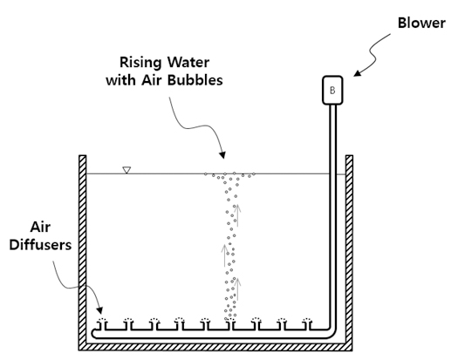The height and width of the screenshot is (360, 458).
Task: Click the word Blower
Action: point(421,23)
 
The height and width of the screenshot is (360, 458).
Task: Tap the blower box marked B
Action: point(332,90)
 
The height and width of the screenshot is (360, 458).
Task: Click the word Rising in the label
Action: point(140,63)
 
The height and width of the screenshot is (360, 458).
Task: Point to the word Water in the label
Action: point(188,63)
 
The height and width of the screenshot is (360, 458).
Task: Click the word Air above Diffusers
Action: point(40,227)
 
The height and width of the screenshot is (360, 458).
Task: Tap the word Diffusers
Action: point(40,244)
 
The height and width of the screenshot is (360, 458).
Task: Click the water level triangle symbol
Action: point(126,170)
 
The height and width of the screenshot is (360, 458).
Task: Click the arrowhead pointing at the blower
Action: point(357,73)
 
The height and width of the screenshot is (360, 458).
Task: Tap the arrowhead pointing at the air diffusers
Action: point(100,310)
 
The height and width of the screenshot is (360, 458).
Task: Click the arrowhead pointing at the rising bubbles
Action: point(222,154)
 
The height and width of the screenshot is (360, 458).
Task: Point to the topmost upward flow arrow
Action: point(238,215)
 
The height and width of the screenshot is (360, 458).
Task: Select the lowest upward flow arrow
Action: point(238,289)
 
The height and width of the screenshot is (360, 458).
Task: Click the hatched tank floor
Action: point(215,347)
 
